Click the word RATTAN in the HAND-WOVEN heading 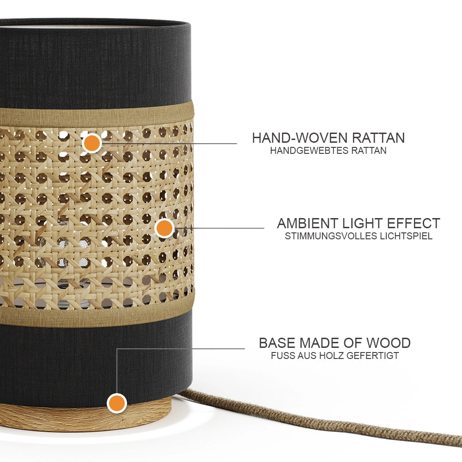(378, 138)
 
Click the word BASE (277, 343)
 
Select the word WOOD (389, 343)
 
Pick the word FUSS (283, 356)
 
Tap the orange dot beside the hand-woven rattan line (92, 143)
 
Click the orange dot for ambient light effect (164, 228)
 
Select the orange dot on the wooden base (117, 403)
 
